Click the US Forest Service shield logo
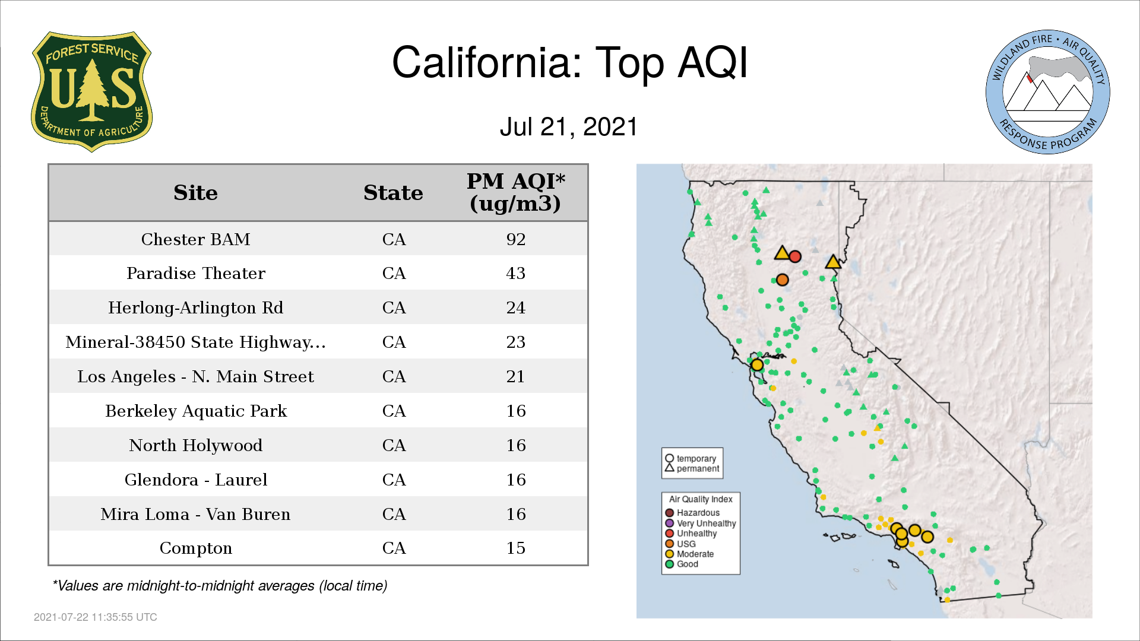click(91, 92)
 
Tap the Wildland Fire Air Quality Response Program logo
click(1048, 92)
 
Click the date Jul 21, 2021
click(568, 127)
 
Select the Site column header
click(195, 193)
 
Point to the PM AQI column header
click(515, 192)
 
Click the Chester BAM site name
click(195, 239)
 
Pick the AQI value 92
click(515, 239)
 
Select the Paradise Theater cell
click(195, 273)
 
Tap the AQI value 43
click(515, 273)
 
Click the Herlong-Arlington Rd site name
click(195, 307)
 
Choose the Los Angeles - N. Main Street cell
click(195, 376)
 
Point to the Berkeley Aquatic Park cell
click(195, 411)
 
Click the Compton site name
click(195, 548)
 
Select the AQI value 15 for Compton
click(515, 548)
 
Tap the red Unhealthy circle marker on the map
click(795, 256)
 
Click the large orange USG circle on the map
click(783, 280)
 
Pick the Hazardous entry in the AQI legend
click(692, 513)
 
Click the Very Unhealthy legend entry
click(701, 523)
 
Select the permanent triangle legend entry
click(692, 468)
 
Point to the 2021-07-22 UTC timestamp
click(96, 617)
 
